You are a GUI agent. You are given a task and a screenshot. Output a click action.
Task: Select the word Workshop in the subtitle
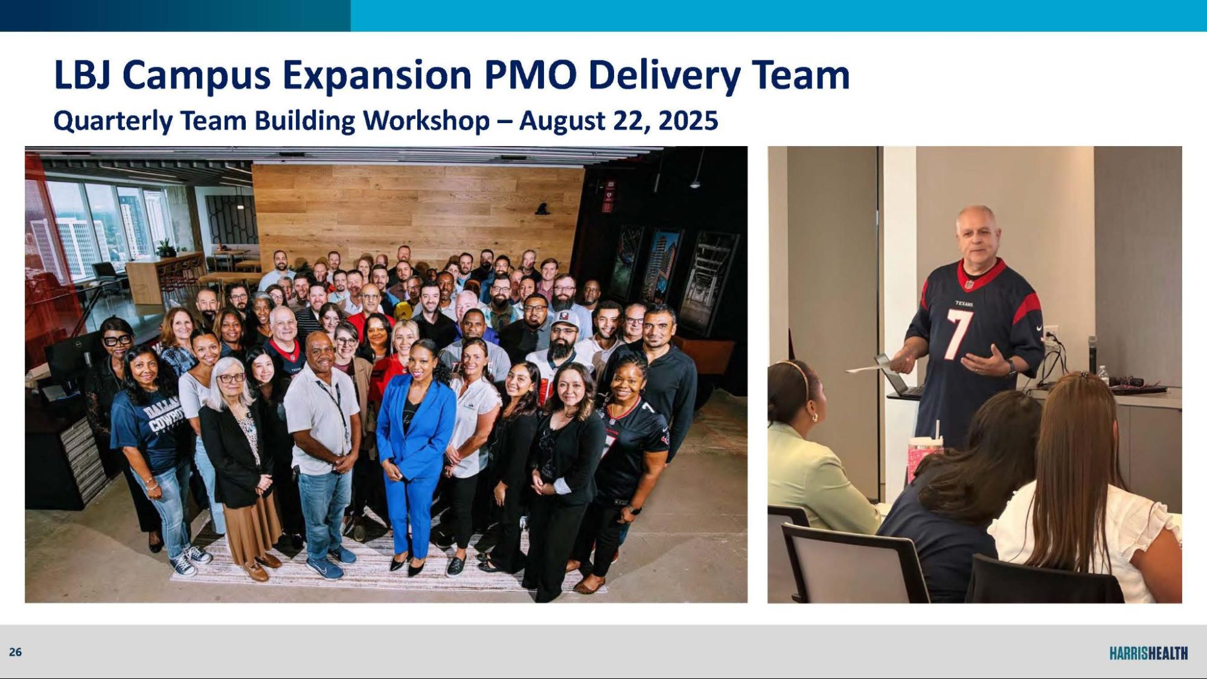point(426,121)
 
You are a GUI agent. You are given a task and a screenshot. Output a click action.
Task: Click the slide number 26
point(15,652)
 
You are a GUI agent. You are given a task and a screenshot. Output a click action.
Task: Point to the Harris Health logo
point(1148,653)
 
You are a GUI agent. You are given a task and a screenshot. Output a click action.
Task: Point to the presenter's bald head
point(975,220)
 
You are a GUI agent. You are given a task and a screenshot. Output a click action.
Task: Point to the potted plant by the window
point(165,247)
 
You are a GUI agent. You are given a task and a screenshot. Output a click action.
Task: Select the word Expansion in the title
point(376,75)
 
